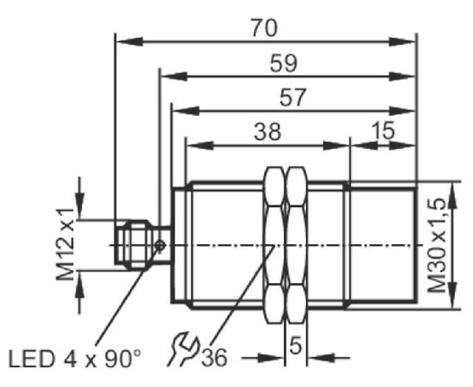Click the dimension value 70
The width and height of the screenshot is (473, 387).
pos(264,28)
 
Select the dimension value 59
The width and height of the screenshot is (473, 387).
pos(283,64)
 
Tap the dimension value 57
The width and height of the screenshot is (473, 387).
pos(292,97)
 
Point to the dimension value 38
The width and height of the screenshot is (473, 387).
pos(267,132)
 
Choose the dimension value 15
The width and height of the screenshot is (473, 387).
pos(383,131)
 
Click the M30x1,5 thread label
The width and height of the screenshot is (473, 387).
pos(437,245)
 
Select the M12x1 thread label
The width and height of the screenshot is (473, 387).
pos(64,244)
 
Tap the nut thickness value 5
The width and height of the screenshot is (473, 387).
pos(295,346)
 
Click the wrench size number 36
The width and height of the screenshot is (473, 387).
pos(214,358)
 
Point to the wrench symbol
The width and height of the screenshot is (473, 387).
pos(183,348)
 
